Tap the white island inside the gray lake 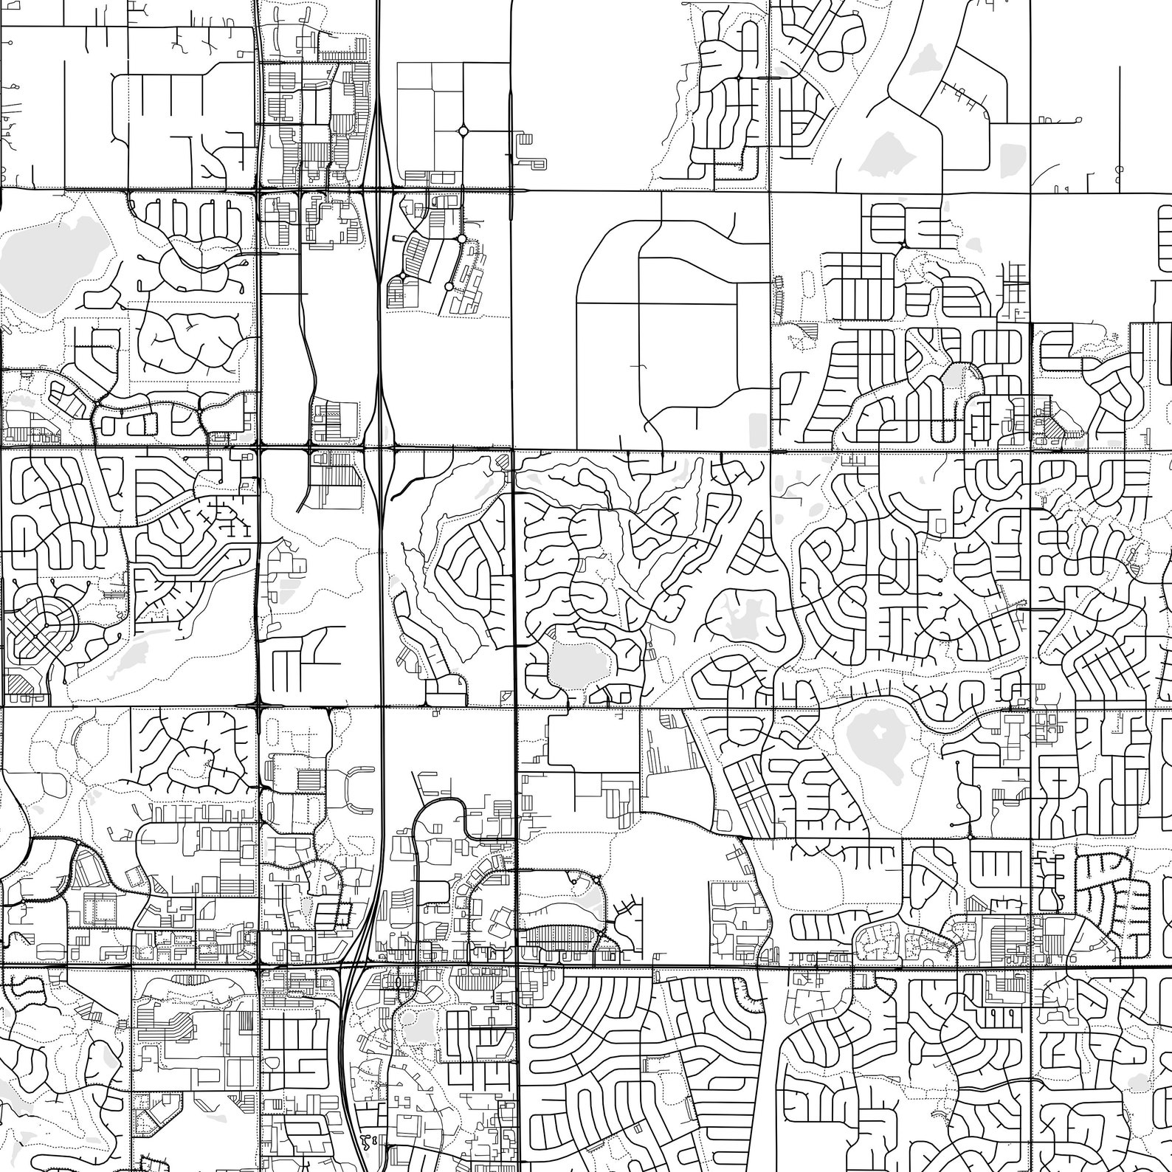878,731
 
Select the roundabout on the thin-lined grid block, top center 463,131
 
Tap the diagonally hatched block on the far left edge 22,683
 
